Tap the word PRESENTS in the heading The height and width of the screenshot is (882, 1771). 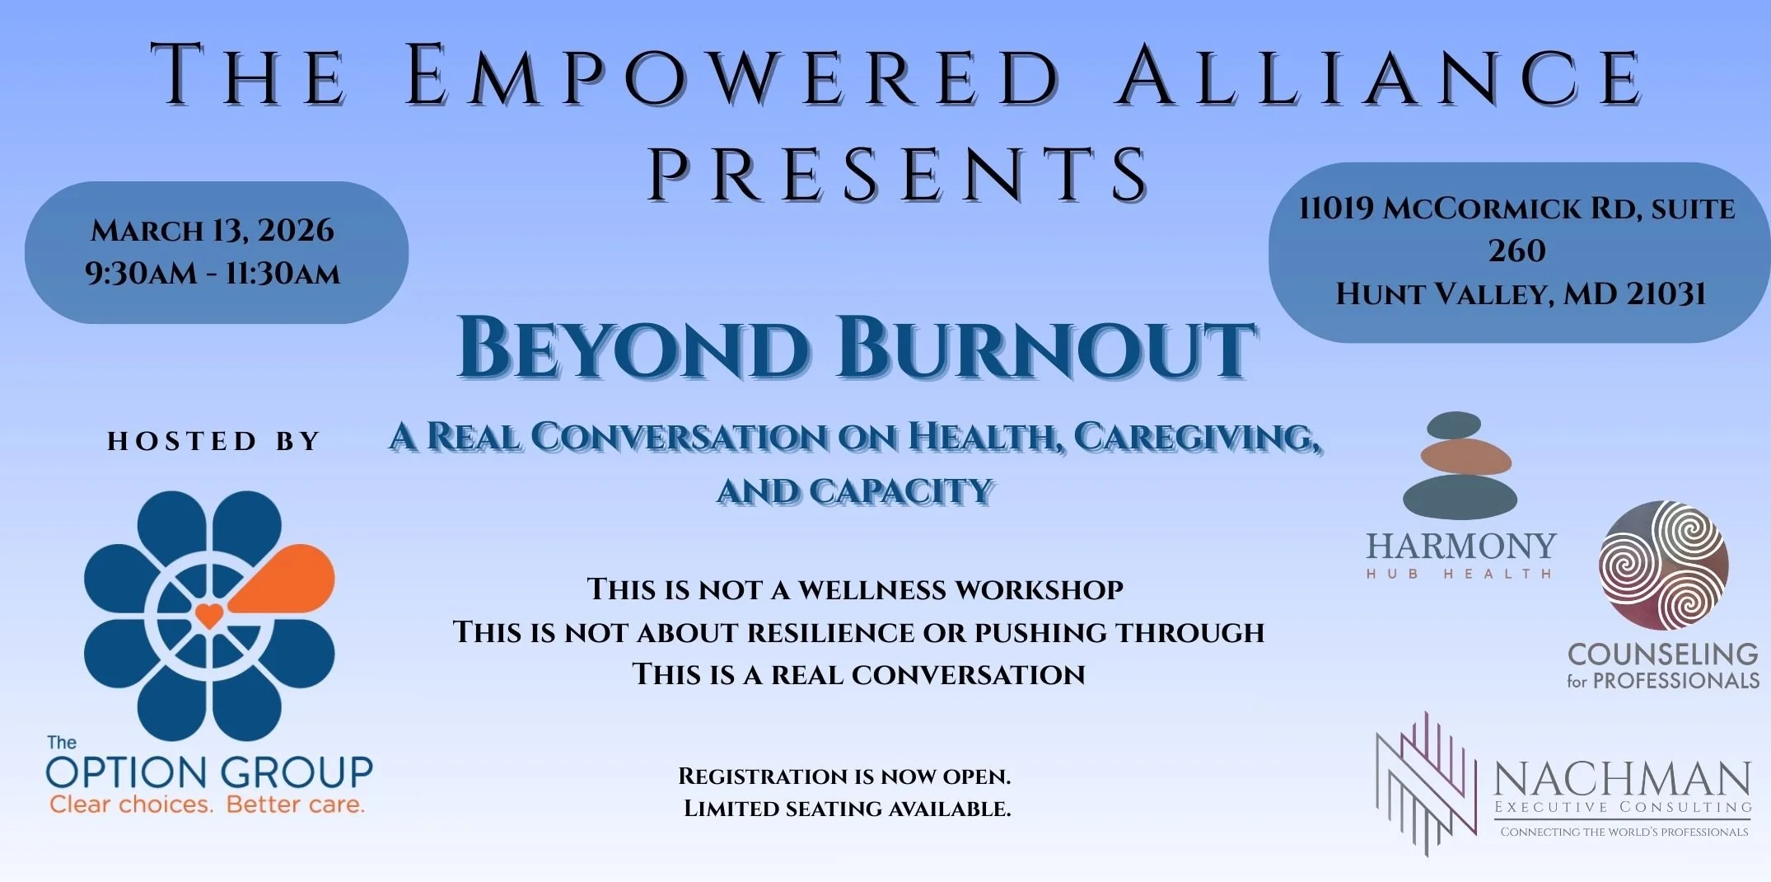coord(898,174)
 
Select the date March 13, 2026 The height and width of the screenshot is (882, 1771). coord(213,231)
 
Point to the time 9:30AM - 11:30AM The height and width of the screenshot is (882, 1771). coord(213,274)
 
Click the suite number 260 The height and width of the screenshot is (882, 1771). coord(1516,251)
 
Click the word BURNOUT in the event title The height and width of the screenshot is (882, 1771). coord(1046,348)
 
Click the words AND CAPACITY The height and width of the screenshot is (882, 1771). coord(855,491)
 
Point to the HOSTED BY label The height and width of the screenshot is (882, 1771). coord(213,442)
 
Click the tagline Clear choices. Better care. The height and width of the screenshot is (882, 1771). coord(207,805)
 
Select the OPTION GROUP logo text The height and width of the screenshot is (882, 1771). coord(209,772)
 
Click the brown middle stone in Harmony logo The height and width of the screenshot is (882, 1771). coord(1465,457)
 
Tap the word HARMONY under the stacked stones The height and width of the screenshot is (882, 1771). coord(1461,547)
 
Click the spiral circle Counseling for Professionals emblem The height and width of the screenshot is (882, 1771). coord(1663,565)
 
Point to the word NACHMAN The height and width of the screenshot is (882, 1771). coord(1622,778)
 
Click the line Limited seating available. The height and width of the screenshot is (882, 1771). coord(847,809)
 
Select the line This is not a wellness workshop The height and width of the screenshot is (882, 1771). coord(855,590)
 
